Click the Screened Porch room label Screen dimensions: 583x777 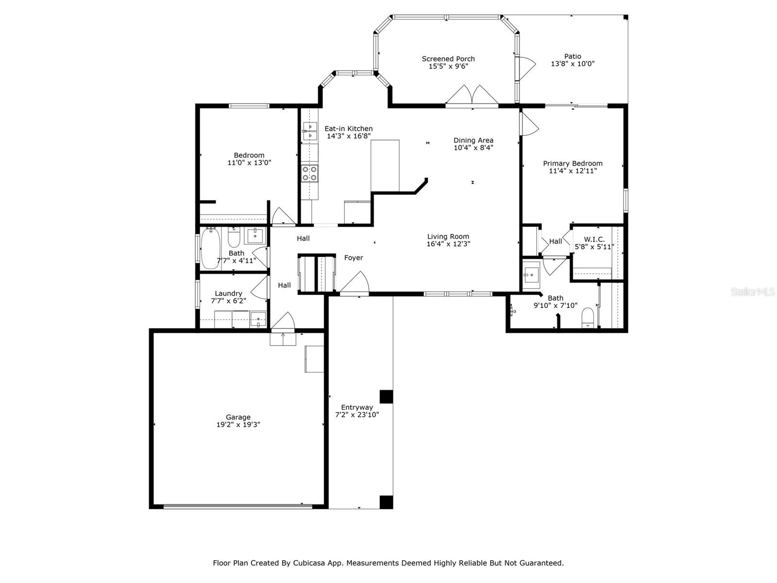coord(448,59)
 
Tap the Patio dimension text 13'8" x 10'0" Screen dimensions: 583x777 coord(573,64)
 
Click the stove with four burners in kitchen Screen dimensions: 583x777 coord(309,173)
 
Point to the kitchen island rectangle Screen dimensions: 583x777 coord(385,166)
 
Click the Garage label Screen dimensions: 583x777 coord(238,417)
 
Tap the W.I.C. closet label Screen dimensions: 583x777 coord(594,240)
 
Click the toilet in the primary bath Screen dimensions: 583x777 coord(588,318)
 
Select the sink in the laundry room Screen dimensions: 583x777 coord(258,320)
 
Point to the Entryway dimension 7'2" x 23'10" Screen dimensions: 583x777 coord(357,415)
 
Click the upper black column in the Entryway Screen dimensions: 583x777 coord(386,396)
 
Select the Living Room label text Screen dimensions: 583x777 coord(448,237)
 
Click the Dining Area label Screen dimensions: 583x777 coord(473,140)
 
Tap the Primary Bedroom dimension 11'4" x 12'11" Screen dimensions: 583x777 coord(573,171)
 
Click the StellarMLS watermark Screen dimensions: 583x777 coord(753,292)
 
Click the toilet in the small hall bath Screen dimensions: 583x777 coord(234,238)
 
